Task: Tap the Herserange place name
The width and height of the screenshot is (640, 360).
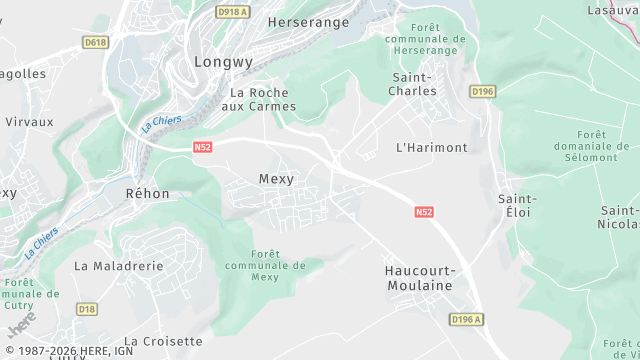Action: coord(309,21)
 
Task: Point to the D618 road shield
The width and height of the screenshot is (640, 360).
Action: coord(96,42)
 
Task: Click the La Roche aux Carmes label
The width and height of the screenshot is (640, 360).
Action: coord(258,99)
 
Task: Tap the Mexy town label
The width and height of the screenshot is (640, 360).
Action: coord(276,179)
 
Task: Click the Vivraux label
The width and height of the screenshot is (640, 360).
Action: coord(29,121)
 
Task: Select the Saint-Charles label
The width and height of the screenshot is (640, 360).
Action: coord(412,84)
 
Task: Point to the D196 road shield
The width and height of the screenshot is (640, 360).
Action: coord(482,92)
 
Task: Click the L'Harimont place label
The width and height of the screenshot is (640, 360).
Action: coord(432,147)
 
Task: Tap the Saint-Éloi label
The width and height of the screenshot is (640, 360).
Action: coord(514,205)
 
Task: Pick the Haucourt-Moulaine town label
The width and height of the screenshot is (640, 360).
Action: coord(419,278)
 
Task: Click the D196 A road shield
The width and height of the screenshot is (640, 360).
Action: coord(466,319)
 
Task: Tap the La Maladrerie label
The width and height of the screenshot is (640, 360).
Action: coord(118,266)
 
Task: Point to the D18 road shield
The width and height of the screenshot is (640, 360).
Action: coord(87,309)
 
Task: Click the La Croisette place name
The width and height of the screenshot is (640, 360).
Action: coord(164,341)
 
